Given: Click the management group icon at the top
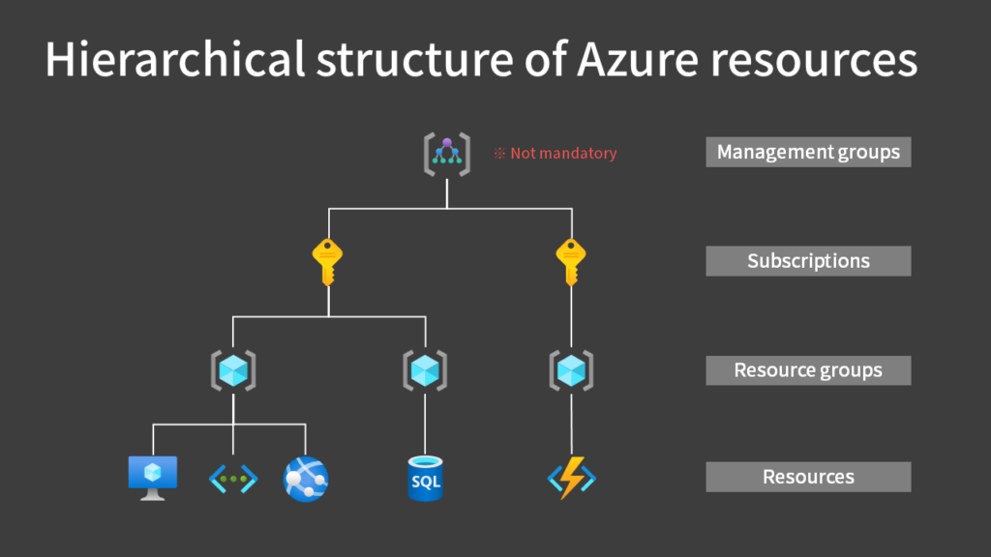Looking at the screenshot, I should (x=446, y=154).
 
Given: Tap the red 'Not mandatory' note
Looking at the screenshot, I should (x=556, y=153).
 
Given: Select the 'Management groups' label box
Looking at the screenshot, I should (x=808, y=152).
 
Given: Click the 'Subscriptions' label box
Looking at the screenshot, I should (x=808, y=261).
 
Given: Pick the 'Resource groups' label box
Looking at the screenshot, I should (x=808, y=370).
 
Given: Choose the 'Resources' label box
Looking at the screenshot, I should (x=808, y=477).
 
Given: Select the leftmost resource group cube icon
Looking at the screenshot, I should (x=232, y=370).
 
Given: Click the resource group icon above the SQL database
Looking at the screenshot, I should (x=425, y=370).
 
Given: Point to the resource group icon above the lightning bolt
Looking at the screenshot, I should (x=571, y=370).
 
